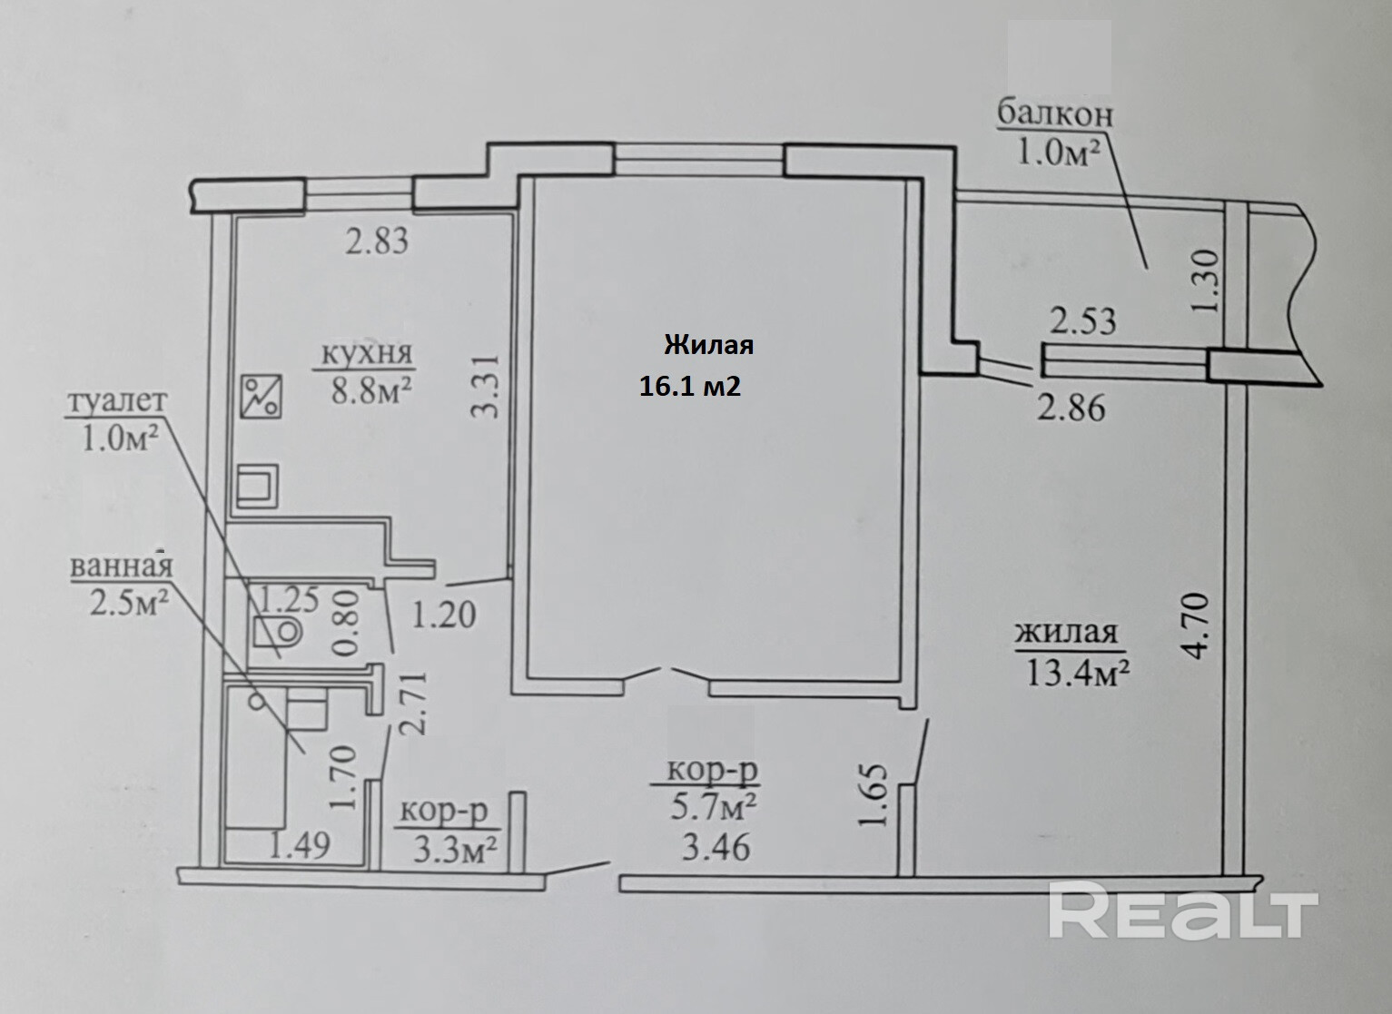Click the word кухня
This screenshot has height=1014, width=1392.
click(x=364, y=353)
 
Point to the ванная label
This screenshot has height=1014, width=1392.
click(x=121, y=566)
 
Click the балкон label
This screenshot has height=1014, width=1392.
click(x=1055, y=115)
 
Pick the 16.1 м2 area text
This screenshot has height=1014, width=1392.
click(x=690, y=387)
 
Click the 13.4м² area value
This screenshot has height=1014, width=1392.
click(x=1077, y=673)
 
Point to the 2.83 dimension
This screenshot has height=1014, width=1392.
click(x=377, y=242)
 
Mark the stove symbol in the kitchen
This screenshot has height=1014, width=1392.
click(x=262, y=398)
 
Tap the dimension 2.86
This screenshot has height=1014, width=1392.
click(x=1071, y=408)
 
